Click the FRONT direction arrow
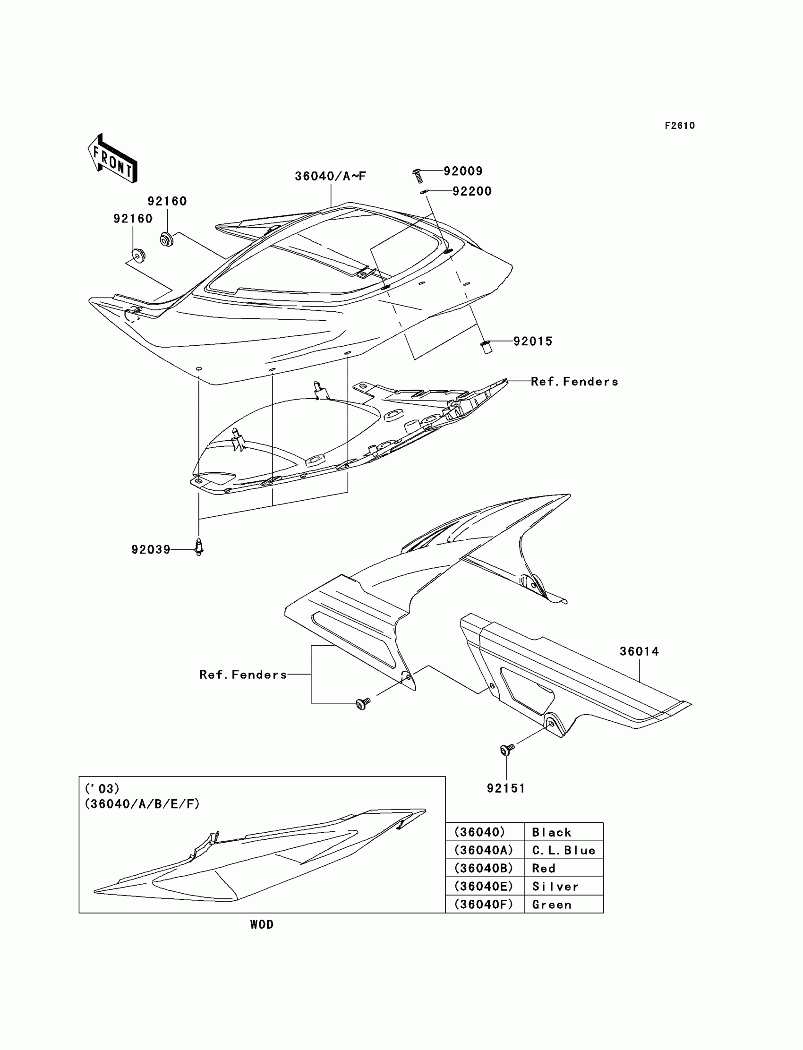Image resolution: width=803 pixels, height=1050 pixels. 113,158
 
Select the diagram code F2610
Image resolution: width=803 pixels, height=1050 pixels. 679,126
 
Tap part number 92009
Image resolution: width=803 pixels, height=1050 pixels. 463,171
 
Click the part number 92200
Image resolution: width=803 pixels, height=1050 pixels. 472,191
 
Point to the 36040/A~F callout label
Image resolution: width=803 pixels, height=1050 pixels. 330,176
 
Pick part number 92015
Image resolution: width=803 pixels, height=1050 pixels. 532,341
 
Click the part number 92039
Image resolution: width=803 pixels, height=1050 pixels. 151,550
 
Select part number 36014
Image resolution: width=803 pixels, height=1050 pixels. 639,651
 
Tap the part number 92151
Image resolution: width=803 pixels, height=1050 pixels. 506,788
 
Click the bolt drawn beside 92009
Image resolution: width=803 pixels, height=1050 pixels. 417,175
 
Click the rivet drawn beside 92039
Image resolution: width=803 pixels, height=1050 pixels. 199,547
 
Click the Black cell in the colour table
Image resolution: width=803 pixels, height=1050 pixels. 563,832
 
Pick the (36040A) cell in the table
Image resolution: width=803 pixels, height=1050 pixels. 484,850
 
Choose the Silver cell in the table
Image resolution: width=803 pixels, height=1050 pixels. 563,887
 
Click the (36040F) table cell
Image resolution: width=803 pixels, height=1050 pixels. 484,904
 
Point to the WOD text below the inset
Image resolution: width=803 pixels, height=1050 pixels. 262,924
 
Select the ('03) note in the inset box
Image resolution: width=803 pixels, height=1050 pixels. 102,789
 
